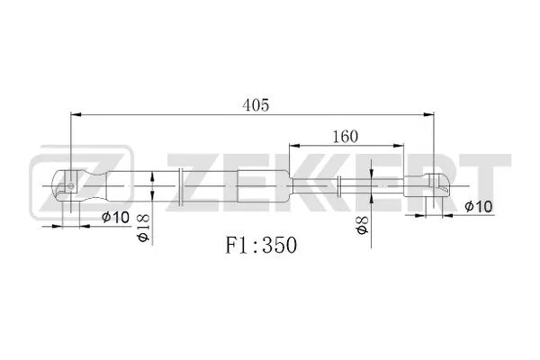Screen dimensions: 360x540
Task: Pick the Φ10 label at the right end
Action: (479, 206)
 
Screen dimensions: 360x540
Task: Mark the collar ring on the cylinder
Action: (184, 185)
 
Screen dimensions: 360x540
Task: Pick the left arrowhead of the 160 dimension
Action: (293, 146)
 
